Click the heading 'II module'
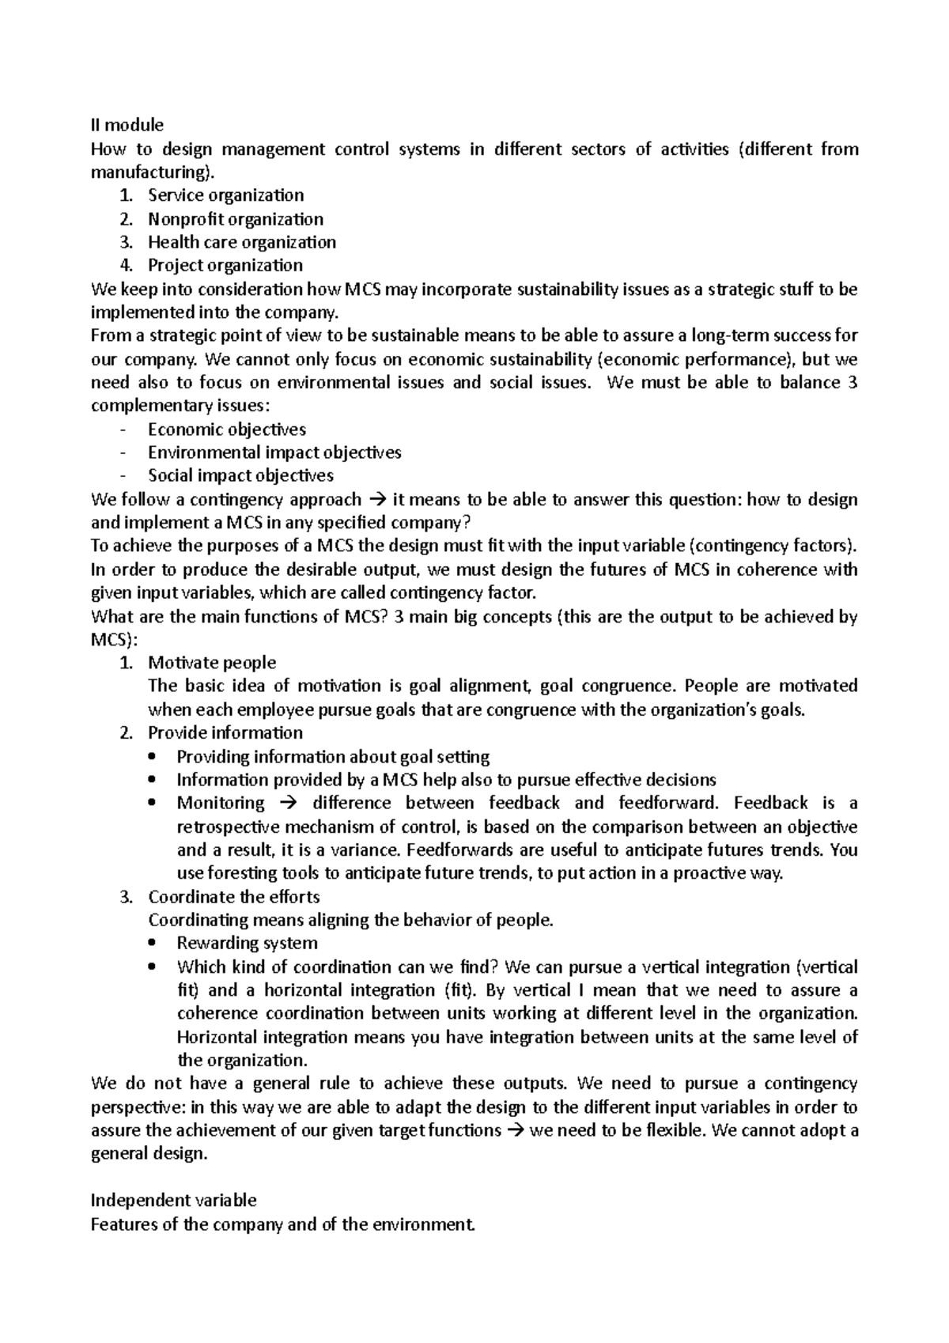pyautogui.click(x=127, y=125)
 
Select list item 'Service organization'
pyautogui.click(x=225, y=195)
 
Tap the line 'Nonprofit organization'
pyautogui.click(x=235, y=219)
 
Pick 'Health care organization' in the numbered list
pyautogui.click(x=241, y=242)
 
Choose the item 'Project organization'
pyautogui.click(x=225, y=265)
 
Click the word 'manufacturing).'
pyautogui.click(x=152, y=172)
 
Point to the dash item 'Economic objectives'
pyautogui.click(x=226, y=429)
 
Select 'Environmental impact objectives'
pyautogui.click(x=274, y=452)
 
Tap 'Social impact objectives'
pyautogui.click(x=240, y=476)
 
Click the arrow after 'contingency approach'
pyautogui.click(x=376, y=500)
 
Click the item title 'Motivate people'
pyautogui.click(x=212, y=663)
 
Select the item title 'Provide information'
pyautogui.click(x=225, y=733)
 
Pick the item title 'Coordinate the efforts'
pyautogui.click(x=233, y=897)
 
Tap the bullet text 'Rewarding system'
pyautogui.click(x=247, y=944)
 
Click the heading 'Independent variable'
pyautogui.click(x=174, y=1201)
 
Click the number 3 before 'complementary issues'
pyautogui.click(x=852, y=383)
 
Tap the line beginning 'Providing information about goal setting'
pyautogui.click(x=333, y=757)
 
